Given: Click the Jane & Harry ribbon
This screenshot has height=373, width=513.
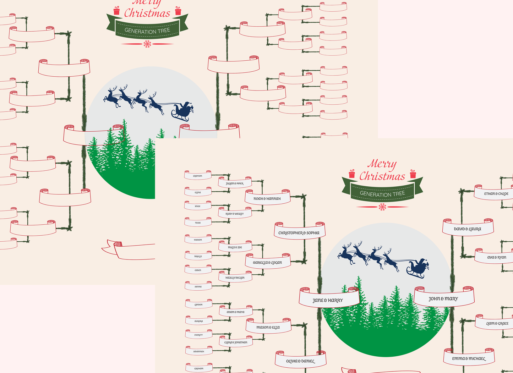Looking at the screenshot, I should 328,300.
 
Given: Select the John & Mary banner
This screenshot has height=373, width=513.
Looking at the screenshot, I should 443,298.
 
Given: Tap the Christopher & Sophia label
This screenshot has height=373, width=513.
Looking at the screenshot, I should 299,232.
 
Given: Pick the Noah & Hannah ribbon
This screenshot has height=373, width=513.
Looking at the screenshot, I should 267,198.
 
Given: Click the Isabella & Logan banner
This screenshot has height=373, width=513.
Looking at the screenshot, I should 267,262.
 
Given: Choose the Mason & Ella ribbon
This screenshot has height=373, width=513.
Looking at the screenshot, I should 268,327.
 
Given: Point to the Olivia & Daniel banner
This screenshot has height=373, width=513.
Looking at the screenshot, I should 300,361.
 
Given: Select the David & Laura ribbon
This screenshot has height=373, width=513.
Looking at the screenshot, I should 468,229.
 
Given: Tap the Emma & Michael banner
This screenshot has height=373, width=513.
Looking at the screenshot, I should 469,358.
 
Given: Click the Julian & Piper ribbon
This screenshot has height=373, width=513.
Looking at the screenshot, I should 235,183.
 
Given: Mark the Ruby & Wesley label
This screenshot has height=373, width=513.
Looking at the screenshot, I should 235,214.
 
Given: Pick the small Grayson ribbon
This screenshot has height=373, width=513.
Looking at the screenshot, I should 198,176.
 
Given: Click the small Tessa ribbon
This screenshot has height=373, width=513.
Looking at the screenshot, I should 198,223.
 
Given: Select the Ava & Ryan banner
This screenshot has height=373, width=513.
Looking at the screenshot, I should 496,257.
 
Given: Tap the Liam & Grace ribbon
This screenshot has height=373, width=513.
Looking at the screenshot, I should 497,323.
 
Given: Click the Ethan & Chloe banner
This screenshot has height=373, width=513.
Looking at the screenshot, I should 496,193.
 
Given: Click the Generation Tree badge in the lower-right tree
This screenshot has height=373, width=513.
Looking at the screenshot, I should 382,193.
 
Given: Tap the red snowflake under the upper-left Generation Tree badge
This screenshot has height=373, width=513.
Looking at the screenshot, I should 147,44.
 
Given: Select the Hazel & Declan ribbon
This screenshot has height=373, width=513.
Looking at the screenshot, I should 235,278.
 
